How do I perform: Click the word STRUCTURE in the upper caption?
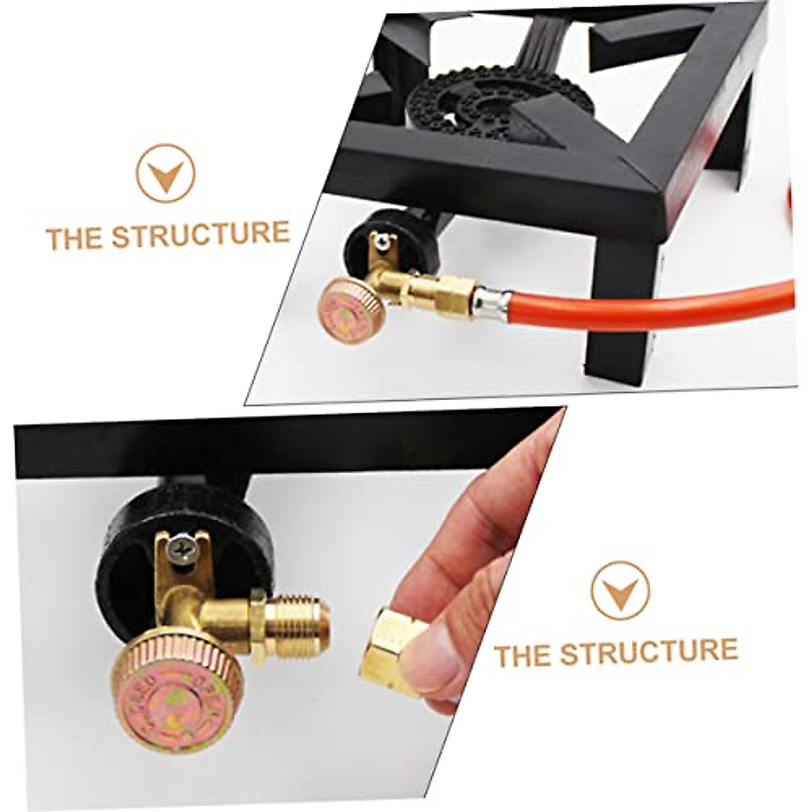tap(200, 234)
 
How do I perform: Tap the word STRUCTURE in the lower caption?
tap(648, 651)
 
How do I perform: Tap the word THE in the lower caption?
tap(522, 655)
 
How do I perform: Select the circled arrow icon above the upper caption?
tap(165, 173)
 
